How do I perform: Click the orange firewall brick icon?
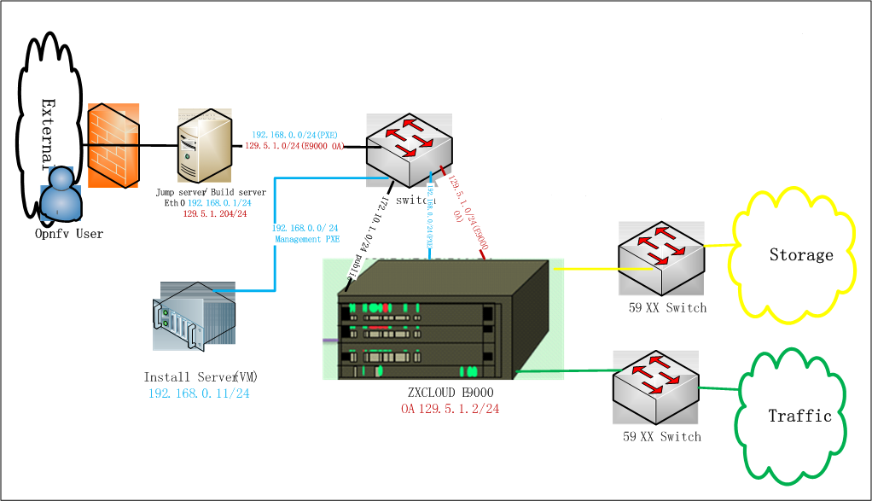coord(113,146)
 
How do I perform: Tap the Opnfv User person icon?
coord(62,200)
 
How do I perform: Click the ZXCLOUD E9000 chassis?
coord(442,319)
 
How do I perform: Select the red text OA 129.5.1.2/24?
coord(450,409)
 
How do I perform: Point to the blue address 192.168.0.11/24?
coord(199,393)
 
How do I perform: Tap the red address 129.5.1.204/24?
coord(215,214)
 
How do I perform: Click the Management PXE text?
coord(306,240)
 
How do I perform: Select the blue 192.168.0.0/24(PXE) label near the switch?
coord(291,135)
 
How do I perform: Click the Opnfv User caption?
coord(69,233)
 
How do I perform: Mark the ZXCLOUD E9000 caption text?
coord(451,393)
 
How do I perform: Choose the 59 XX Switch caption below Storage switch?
coord(667,307)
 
